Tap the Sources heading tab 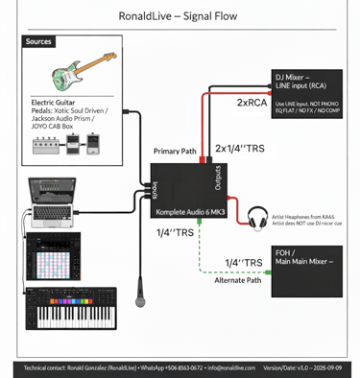[x=38, y=42]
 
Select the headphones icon [x=257, y=218]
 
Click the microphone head [x=140, y=300]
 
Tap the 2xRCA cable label [x=252, y=103]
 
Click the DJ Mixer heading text [x=306, y=76]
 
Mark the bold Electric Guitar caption [x=55, y=101]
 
